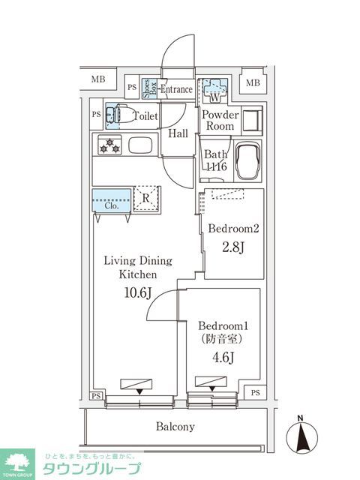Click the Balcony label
pos(175,427)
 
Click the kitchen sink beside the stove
pos(140,145)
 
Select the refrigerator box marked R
pos(148,198)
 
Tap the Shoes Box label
pos(148,89)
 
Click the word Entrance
pos(176,89)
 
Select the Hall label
pos(178,133)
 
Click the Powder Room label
pos(220,121)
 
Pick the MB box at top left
pos(99,79)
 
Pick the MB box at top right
pos(253,82)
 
